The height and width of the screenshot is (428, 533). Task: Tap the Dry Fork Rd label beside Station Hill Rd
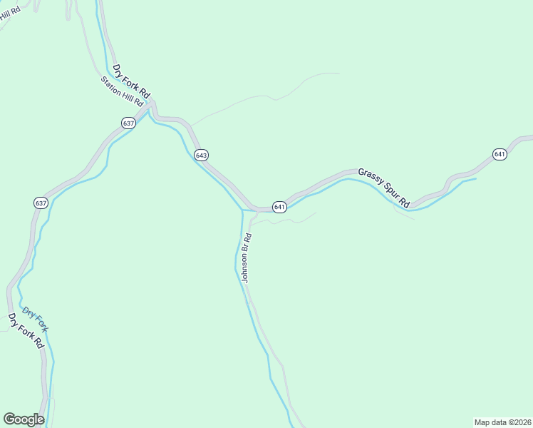(x=133, y=83)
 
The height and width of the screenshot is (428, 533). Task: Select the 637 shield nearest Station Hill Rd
(x=128, y=123)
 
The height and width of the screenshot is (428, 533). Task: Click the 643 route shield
(x=201, y=156)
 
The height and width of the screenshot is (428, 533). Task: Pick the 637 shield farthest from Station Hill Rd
(x=41, y=203)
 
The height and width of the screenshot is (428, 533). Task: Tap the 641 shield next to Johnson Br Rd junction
(x=279, y=207)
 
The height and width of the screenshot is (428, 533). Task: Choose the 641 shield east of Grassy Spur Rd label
(x=500, y=154)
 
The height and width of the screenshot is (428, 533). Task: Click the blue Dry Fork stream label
(x=35, y=320)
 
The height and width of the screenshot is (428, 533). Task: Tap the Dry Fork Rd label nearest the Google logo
(x=26, y=331)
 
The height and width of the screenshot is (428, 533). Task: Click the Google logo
(x=24, y=419)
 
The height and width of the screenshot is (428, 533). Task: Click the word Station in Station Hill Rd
(x=112, y=86)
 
